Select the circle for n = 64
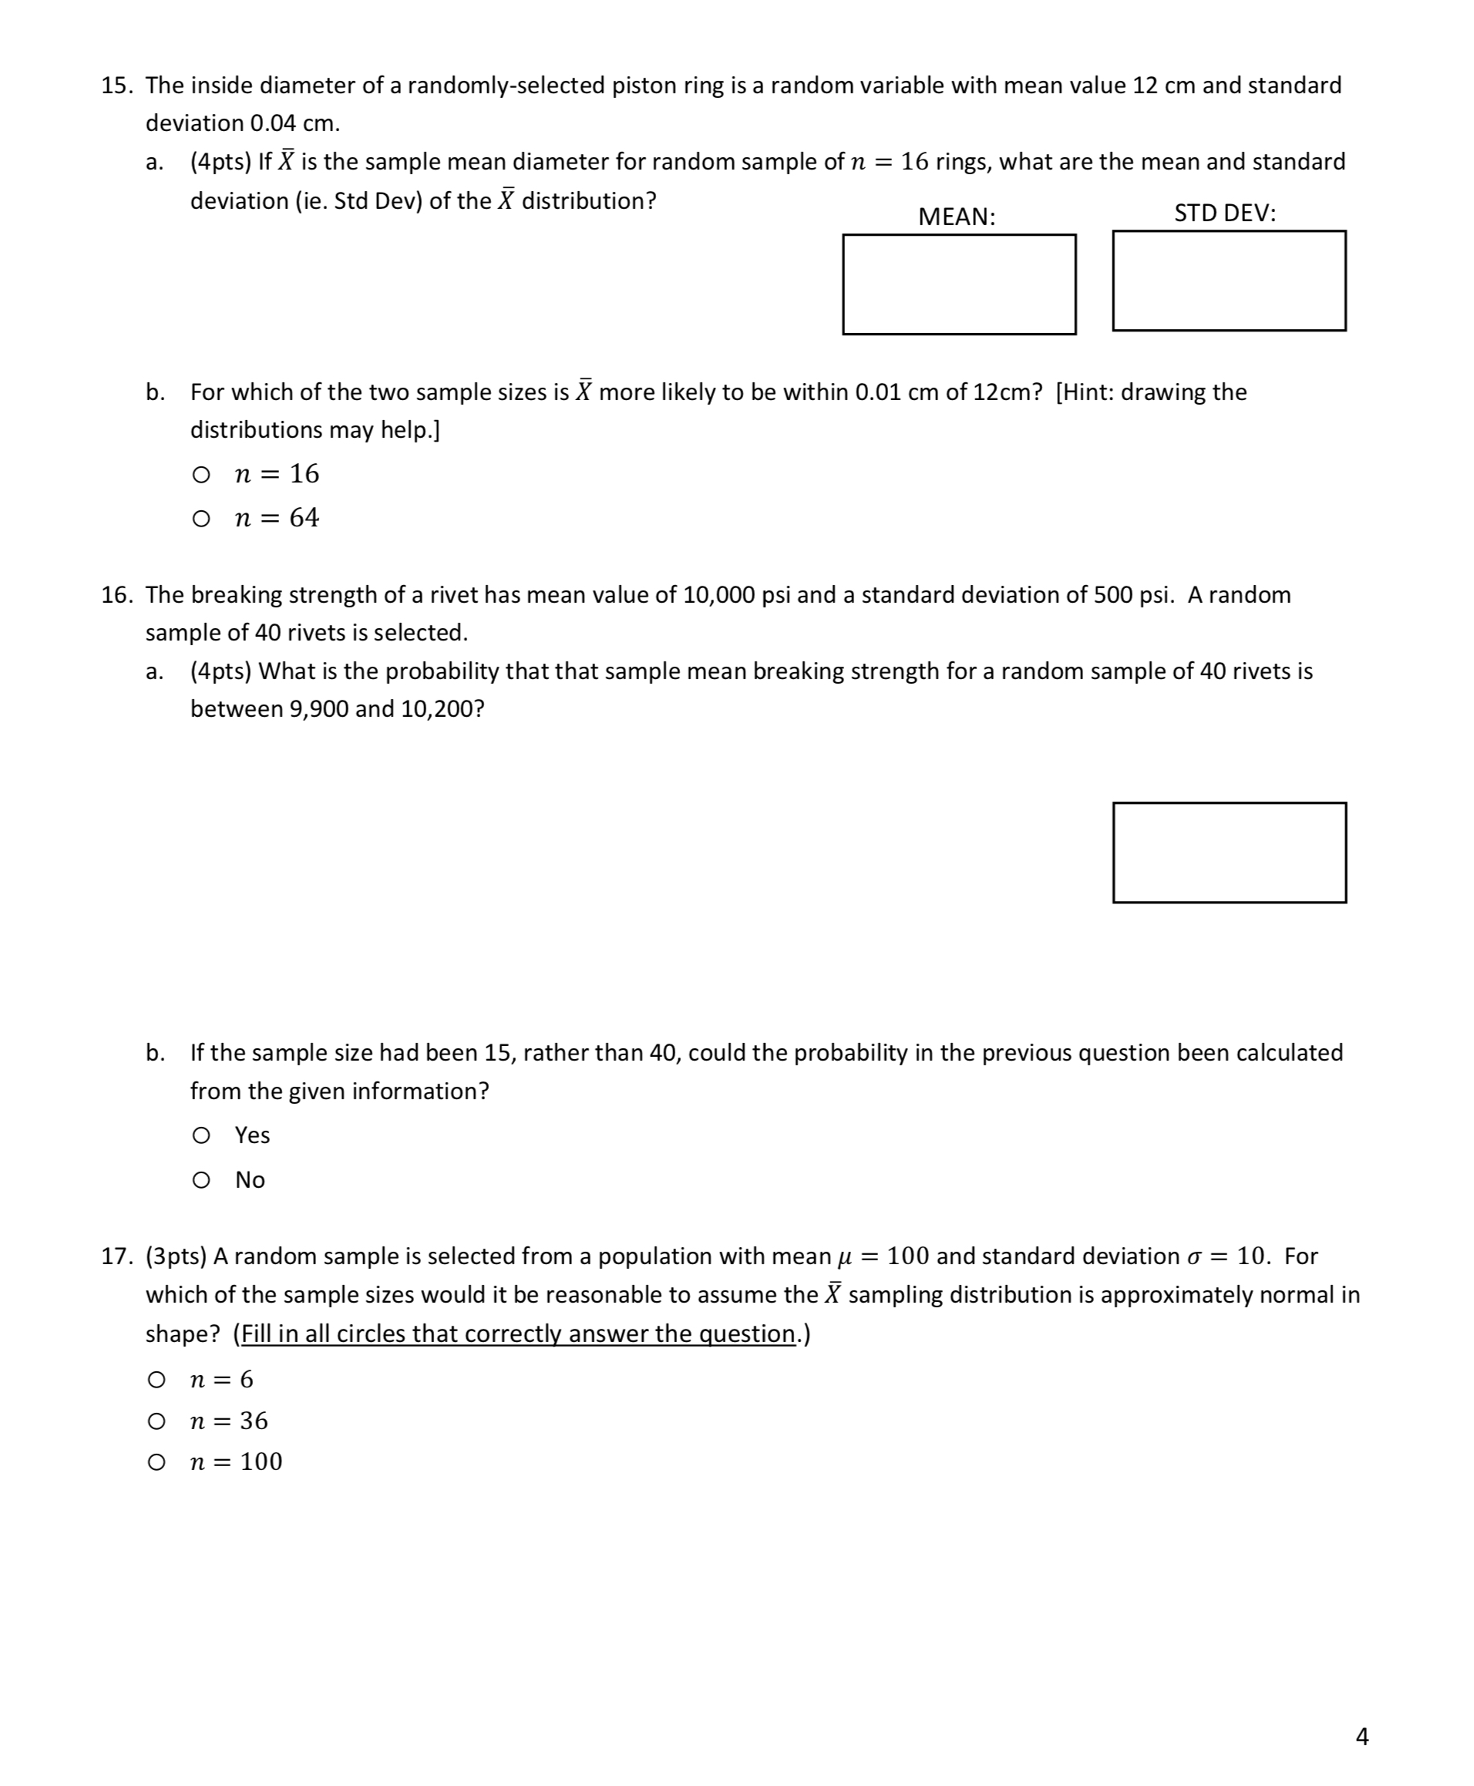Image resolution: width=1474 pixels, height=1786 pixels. [201, 519]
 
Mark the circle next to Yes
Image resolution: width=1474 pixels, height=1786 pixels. [201, 1135]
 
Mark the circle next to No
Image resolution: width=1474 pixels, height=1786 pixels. [201, 1180]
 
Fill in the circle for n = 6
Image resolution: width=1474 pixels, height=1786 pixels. [156, 1381]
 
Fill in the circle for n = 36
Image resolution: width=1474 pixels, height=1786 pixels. [156, 1421]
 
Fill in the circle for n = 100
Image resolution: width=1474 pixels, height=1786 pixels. [156, 1461]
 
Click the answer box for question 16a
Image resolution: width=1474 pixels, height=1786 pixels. [1229, 853]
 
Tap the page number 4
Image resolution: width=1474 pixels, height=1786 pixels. [1362, 1737]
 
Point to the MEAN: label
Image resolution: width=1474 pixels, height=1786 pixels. [957, 217]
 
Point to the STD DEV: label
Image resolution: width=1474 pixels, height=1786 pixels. [1224, 213]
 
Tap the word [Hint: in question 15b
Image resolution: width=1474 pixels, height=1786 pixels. [1083, 392]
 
